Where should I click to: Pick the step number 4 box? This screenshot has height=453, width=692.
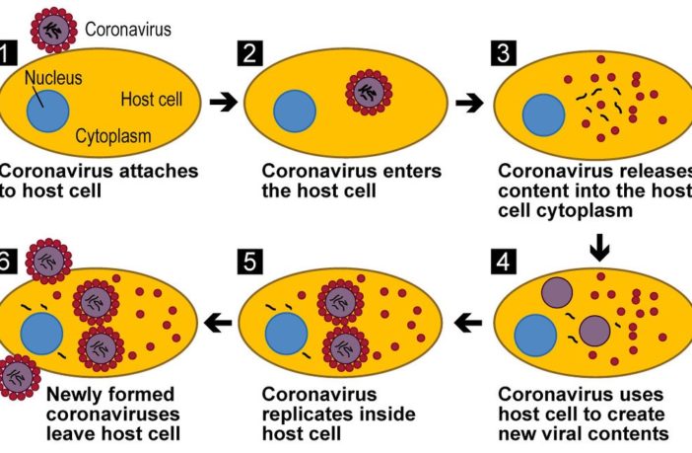pos(501,264)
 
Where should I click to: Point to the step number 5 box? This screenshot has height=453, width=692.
pos(251,264)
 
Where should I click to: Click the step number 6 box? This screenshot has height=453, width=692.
pos(9,264)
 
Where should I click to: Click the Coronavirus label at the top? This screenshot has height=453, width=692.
pos(128,29)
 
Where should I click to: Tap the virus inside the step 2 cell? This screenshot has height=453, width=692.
pos(367,93)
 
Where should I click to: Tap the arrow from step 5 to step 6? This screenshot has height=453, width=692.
pos(219,321)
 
